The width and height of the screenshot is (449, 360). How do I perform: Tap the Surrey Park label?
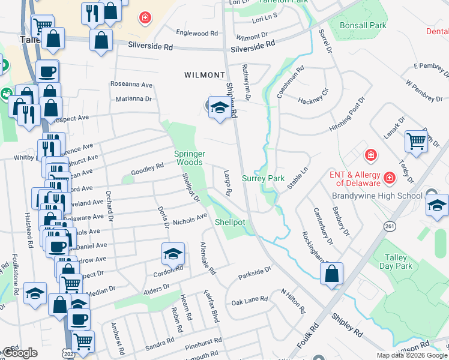[263, 178]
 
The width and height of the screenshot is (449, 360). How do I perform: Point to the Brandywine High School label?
[376, 196]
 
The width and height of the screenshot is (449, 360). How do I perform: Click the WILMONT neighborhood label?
[205, 75]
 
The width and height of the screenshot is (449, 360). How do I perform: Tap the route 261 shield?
[391, 226]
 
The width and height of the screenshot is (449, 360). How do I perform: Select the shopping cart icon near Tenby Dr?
[415, 142]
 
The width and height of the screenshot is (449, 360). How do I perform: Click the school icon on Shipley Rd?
[220, 107]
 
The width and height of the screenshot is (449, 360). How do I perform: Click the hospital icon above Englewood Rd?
[145, 18]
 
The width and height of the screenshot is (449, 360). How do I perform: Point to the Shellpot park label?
[231, 222]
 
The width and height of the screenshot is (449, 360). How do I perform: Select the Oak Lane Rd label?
[249, 299]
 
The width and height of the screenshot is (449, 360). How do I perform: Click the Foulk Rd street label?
[307, 337]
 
